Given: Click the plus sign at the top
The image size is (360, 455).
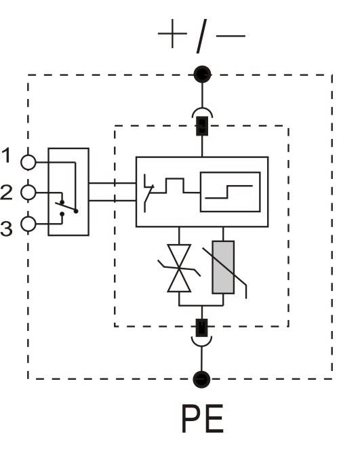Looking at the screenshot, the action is point(172,34).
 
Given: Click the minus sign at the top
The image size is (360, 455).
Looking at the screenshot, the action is point(231,36).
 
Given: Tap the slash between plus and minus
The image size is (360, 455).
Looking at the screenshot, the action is point(201,36).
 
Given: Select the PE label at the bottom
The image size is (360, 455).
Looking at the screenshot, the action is point(203,419).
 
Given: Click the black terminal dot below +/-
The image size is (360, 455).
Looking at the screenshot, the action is point(202,75).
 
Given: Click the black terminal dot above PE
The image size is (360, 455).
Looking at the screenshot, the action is point(201,379).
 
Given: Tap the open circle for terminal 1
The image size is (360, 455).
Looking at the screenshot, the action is point(28,162).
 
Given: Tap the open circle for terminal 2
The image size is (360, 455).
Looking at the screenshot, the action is point(28,193).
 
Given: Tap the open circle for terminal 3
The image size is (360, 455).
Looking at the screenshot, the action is point(28,224).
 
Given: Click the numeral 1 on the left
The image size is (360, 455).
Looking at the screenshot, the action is point(6,155).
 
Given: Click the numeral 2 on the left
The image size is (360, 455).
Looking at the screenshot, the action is point(6,192).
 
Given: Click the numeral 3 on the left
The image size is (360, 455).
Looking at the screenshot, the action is point(6,229).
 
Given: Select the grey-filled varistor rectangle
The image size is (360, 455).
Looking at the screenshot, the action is point(223,267).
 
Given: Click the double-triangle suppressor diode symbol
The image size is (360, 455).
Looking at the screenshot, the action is point(179,268).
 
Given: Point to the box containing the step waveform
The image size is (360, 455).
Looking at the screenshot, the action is point(230,192).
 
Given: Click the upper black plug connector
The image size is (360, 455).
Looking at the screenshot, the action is point(202,126).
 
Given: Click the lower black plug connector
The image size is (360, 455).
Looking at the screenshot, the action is point(202,328).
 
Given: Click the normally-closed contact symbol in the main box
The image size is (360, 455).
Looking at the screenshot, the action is point(148,193).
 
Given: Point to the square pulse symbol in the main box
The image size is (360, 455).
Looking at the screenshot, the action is point(175,185).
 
